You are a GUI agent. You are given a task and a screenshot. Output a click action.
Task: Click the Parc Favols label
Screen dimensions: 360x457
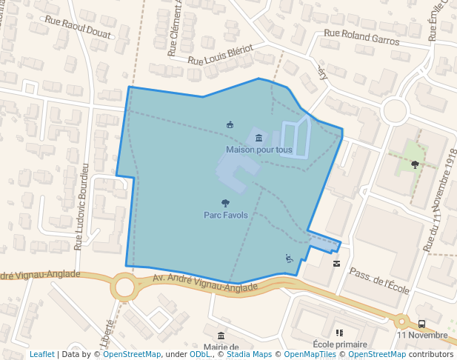[x=225, y=215]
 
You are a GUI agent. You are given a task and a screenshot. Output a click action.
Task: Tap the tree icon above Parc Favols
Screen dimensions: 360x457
[x=225, y=202]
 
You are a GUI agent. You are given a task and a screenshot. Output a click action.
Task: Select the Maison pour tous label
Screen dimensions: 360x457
[x=258, y=150]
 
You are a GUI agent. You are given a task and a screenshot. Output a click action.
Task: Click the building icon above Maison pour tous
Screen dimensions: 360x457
[x=258, y=138]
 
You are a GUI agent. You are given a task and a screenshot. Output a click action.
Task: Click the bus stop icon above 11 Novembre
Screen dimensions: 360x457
[x=421, y=324]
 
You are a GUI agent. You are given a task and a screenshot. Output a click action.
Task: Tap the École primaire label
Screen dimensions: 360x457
[x=340, y=344]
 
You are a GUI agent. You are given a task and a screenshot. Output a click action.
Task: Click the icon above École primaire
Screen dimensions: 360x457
[x=339, y=333]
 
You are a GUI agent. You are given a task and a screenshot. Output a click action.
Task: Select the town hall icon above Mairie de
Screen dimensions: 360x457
[x=221, y=336]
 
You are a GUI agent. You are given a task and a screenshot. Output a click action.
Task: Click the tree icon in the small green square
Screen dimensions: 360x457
[x=415, y=164]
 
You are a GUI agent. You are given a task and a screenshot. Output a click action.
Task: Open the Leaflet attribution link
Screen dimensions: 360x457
[x=41, y=355]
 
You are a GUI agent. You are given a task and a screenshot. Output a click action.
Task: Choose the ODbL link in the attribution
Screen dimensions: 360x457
[x=199, y=355]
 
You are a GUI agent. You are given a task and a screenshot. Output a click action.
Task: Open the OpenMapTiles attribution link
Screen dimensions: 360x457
[x=311, y=355]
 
